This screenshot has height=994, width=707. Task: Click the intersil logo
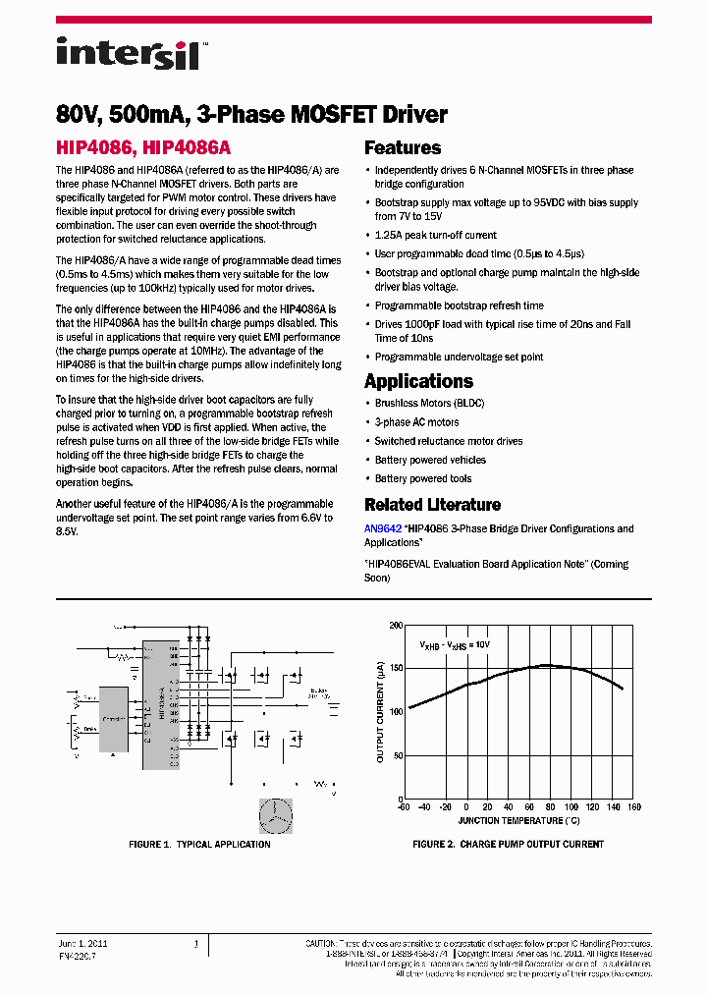128,53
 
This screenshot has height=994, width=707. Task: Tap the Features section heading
403,148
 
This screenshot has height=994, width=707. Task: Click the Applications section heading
418,381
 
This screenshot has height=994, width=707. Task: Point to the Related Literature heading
432,505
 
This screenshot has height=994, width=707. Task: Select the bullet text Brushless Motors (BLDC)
429,404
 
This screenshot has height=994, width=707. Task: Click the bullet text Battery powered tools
422,479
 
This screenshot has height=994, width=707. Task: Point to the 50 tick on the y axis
397,755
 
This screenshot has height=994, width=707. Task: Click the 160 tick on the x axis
633,807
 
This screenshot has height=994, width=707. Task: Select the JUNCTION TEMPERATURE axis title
518,820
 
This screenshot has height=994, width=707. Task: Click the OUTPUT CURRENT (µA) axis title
380,712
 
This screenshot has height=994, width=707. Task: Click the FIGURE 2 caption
508,845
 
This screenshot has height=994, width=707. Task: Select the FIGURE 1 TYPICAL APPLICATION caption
199,845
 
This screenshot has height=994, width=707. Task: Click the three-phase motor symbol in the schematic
276,815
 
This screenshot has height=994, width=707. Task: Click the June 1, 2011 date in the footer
83,944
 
